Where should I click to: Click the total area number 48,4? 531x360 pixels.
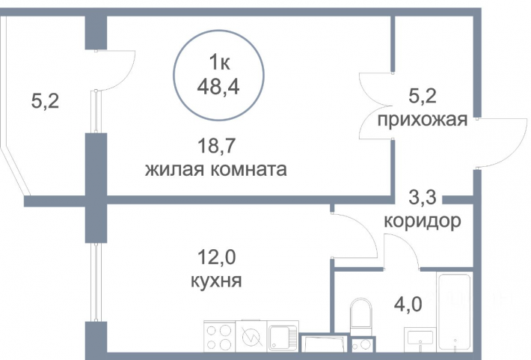pyautogui.click(x=218, y=87)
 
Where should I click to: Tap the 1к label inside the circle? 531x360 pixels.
pyautogui.click(x=219, y=62)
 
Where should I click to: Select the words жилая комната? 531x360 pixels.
pyautogui.click(x=216, y=169)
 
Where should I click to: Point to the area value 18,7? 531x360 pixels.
pyautogui.click(x=216, y=146)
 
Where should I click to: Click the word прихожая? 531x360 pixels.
pyautogui.click(x=423, y=119)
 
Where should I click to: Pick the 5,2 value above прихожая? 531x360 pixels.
pyautogui.click(x=423, y=96)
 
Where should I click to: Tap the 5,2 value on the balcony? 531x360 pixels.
pyautogui.click(x=45, y=101)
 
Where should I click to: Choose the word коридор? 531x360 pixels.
pyautogui.click(x=423, y=221)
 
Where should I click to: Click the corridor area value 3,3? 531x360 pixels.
pyautogui.click(x=423, y=198)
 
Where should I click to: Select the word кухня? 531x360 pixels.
pyautogui.click(x=216, y=281)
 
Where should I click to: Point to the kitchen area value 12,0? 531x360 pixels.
pyautogui.click(x=216, y=257)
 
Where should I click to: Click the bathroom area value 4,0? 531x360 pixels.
pyautogui.click(x=408, y=304)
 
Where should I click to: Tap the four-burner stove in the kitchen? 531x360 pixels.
pyautogui.click(x=219, y=337)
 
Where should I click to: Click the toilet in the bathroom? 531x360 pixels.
pyautogui.click(x=361, y=316)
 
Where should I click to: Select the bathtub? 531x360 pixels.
pyautogui.click(x=455, y=312)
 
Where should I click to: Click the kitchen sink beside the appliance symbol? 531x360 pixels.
pyautogui.click(x=283, y=337)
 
